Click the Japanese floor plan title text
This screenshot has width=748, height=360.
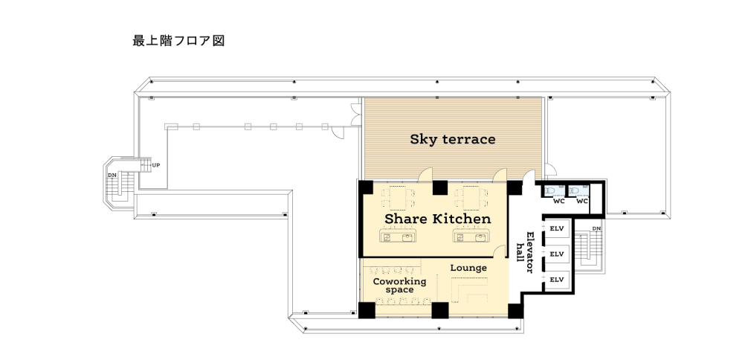point(178,41)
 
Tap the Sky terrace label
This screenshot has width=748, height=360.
point(453,139)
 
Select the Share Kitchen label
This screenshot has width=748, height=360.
point(437,219)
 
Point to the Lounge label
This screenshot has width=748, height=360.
point(468,268)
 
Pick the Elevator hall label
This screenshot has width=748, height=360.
point(525,252)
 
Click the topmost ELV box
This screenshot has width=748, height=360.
point(557,228)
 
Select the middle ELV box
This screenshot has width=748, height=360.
point(557,254)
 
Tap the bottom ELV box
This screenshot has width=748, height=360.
point(557,280)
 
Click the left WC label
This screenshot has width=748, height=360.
point(558,201)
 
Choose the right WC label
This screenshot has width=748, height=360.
point(582,201)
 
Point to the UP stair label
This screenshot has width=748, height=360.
point(156,165)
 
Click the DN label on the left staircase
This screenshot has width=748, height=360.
point(112,176)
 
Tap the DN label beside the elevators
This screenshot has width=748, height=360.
point(596,228)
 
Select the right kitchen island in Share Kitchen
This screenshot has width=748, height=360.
point(471,236)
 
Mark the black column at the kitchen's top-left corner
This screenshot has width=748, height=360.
point(366,187)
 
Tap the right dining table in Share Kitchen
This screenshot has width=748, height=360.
point(471,198)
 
